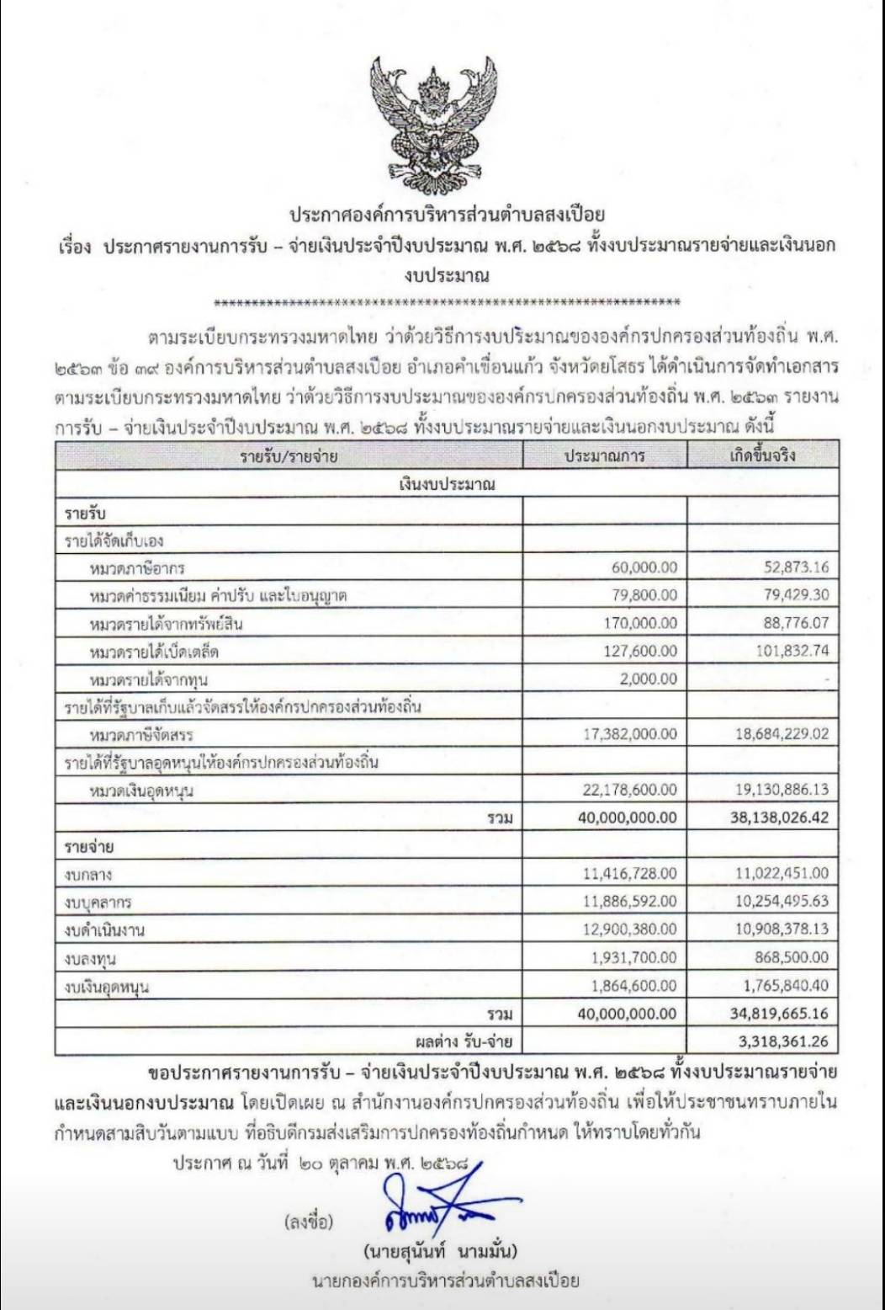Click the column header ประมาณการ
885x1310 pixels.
(x=604, y=455)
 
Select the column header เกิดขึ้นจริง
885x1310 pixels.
(x=762, y=455)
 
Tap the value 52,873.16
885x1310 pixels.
(x=796, y=567)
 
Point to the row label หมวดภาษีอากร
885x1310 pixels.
(x=137, y=568)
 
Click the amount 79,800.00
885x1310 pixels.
(x=644, y=595)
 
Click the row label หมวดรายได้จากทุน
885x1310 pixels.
(x=148, y=679)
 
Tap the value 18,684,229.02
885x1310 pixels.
(x=782, y=734)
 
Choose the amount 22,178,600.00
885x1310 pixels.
(x=629, y=790)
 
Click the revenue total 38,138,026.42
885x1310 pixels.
(x=779, y=817)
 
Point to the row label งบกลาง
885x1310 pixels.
(x=88, y=875)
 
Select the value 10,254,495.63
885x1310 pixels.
(x=782, y=901)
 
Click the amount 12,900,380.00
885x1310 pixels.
(x=629, y=929)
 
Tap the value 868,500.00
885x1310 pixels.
(x=792, y=957)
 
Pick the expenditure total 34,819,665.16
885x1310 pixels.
(x=779, y=1014)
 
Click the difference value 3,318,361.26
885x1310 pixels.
(x=783, y=1041)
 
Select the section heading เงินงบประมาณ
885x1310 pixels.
(x=447, y=484)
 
